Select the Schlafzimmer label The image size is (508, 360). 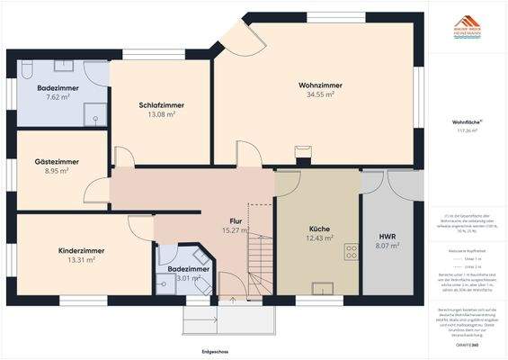(x=161, y=105)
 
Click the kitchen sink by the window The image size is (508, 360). (x=321, y=289)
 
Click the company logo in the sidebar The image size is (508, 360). (x=465, y=28)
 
